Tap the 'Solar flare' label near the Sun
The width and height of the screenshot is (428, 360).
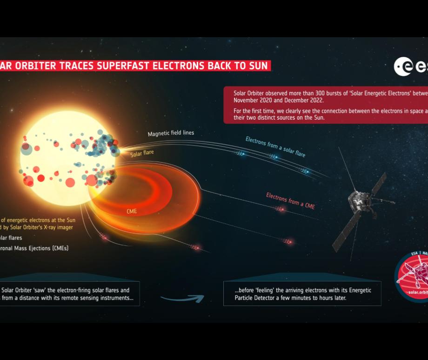click(x=142, y=153)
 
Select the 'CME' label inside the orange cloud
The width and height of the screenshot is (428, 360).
click(x=132, y=211)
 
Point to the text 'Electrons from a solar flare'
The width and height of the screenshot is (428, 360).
click(x=275, y=146)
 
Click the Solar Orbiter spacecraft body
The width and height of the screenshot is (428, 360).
click(x=361, y=201)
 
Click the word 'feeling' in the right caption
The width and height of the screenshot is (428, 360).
click(x=267, y=290)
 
